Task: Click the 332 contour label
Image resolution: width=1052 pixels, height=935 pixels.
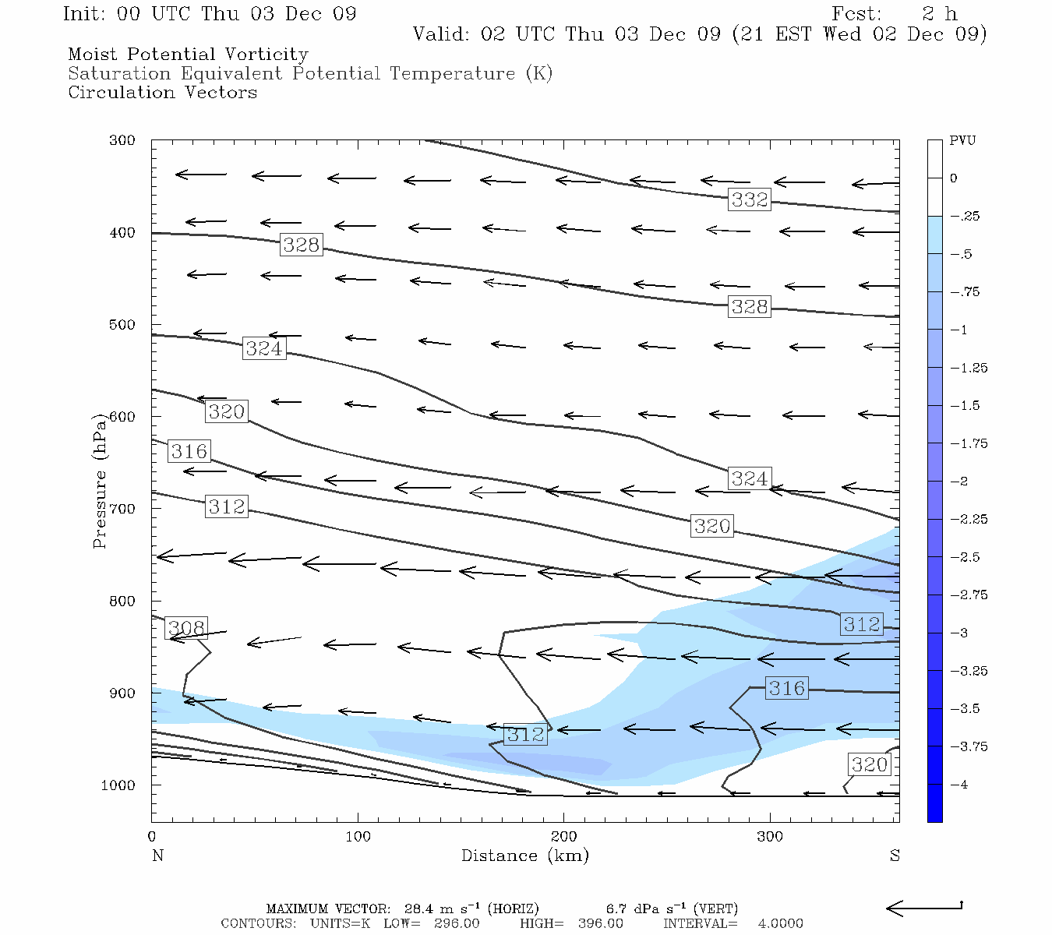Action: tap(749, 199)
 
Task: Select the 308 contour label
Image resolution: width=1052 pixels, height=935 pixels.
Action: tap(187, 628)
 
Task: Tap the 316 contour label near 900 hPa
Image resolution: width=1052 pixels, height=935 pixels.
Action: tap(786, 688)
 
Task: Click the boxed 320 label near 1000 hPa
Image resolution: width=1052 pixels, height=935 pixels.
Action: tap(869, 764)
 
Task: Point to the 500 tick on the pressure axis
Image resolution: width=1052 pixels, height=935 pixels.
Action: tap(122, 325)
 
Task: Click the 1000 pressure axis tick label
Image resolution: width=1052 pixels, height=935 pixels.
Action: tap(118, 785)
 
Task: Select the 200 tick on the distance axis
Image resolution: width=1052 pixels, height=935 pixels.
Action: tap(563, 837)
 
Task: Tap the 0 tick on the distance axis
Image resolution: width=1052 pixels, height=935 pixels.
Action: tap(152, 837)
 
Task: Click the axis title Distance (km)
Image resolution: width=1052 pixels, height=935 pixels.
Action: tap(524, 856)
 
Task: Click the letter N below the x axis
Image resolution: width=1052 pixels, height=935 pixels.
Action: tap(157, 856)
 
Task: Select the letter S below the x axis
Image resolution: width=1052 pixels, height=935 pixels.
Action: tap(895, 856)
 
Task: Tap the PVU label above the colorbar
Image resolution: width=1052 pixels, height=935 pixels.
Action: tap(962, 140)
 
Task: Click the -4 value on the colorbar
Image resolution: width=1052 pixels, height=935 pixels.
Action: tap(960, 785)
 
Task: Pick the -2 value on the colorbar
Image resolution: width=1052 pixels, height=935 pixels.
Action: tap(960, 482)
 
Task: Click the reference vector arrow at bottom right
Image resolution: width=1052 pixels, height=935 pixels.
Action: tap(924, 908)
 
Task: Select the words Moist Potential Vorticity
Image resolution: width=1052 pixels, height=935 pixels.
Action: tap(188, 55)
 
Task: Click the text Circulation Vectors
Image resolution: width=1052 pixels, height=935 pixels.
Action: tap(162, 93)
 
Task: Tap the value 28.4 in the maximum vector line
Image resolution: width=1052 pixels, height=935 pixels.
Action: tap(419, 909)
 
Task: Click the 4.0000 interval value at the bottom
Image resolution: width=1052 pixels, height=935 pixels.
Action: tap(780, 923)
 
